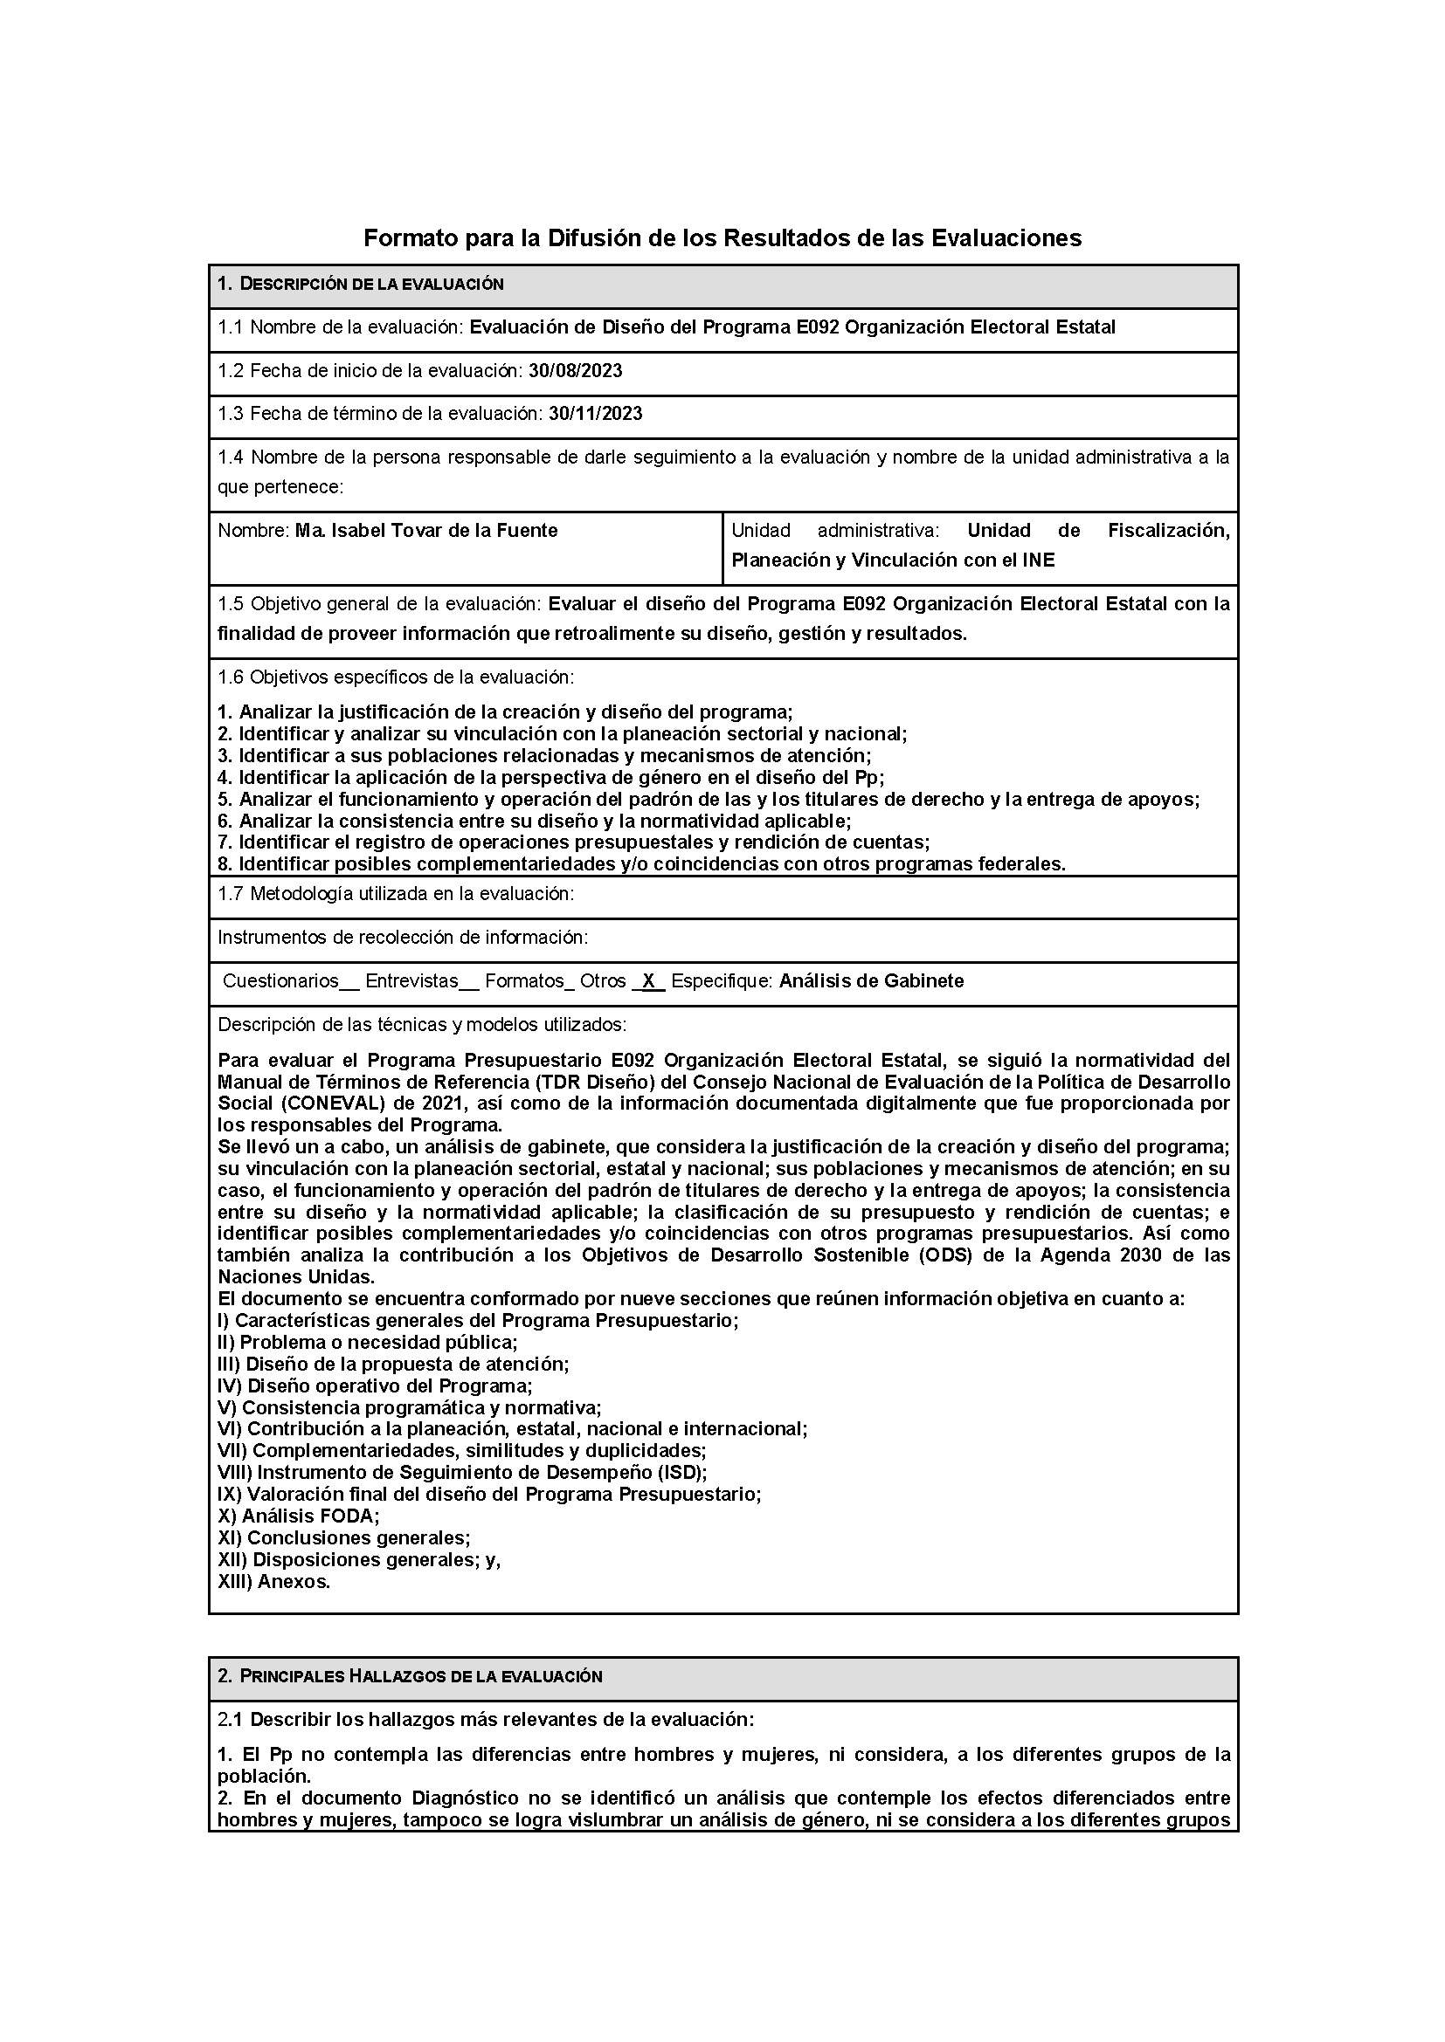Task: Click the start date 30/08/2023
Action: coord(575,371)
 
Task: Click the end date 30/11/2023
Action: coord(595,414)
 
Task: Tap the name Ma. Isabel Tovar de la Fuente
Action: coord(426,531)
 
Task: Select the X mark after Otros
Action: coord(648,981)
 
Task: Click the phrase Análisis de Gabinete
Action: coord(871,981)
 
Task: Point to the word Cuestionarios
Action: coord(280,981)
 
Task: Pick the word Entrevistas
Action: coord(411,981)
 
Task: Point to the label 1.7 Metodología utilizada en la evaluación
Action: coord(395,895)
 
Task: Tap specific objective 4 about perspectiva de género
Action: coord(550,777)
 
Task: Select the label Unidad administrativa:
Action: coord(834,531)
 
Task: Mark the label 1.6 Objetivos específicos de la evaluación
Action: coord(395,677)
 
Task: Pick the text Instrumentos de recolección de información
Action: coord(402,938)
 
